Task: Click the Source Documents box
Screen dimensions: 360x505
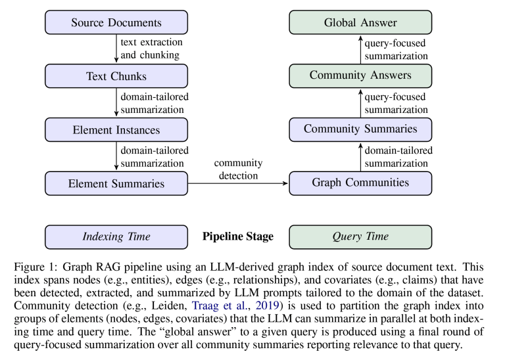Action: [116, 22]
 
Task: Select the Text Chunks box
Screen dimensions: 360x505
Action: [116, 76]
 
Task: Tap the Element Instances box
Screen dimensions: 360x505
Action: [116, 129]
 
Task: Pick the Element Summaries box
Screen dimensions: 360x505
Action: [116, 183]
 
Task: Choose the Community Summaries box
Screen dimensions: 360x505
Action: [360, 129]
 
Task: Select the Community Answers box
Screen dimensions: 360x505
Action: [360, 76]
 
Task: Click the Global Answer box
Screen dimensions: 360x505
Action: [360, 22]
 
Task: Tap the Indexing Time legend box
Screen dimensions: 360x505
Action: [116, 236]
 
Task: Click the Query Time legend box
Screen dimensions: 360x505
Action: [360, 236]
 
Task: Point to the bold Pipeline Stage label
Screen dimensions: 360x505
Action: [238, 236]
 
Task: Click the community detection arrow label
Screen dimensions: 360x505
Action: [238, 169]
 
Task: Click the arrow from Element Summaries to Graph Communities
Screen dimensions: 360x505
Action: [238, 183]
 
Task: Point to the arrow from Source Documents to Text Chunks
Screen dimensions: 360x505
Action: [116, 49]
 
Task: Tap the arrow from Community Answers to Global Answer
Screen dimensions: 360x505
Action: [360, 49]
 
